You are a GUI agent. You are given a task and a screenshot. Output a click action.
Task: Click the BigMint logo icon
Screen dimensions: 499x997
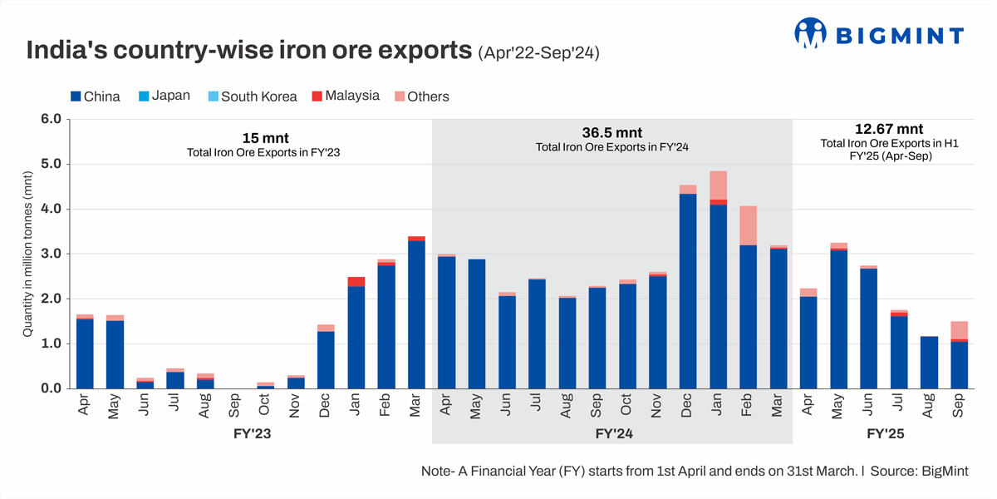[810, 33]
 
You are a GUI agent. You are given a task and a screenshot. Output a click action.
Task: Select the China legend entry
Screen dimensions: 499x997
[96, 96]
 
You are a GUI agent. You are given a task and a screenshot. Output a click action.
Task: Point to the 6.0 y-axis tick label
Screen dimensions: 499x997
[51, 119]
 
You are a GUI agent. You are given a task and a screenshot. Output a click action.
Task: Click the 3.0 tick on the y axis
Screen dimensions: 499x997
[51, 254]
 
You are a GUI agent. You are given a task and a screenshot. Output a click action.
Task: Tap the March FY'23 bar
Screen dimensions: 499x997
[417, 313]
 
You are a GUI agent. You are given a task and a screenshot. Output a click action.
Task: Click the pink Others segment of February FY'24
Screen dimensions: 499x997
[748, 225]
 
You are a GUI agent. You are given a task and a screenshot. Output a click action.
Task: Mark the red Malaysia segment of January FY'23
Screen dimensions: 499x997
[356, 282]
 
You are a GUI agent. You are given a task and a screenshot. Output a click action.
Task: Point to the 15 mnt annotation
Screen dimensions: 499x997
[266, 138]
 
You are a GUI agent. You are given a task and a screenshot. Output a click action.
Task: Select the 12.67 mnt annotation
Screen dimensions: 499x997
[889, 129]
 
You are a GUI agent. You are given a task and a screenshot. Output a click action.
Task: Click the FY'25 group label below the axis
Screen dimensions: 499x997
[886, 434]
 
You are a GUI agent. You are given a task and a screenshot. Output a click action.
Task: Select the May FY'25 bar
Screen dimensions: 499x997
[839, 316]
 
